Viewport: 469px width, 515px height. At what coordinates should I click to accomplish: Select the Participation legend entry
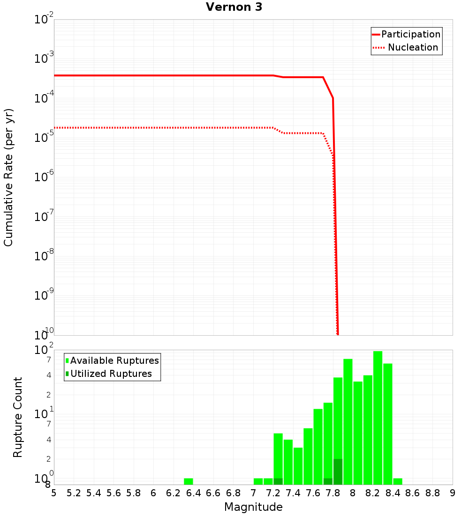410,34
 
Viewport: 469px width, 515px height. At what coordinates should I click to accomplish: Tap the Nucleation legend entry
413,47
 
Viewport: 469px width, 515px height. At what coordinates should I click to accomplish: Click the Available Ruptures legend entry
114,360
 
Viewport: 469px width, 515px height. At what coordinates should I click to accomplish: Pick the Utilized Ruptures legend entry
111,374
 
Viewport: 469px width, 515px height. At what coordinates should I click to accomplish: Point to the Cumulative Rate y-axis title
8,177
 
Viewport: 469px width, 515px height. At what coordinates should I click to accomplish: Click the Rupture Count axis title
18,417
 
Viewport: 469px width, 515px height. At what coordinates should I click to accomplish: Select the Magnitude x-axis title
253,507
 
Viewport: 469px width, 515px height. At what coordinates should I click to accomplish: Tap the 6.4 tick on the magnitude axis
194,493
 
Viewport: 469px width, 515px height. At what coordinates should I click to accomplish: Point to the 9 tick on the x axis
453,493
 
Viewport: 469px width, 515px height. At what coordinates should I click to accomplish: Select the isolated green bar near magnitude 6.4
189,481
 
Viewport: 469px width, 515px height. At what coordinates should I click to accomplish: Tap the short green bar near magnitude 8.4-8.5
398,481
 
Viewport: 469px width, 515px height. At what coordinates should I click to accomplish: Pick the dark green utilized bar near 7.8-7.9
338,471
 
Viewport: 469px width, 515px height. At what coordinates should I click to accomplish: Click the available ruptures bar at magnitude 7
258,481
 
